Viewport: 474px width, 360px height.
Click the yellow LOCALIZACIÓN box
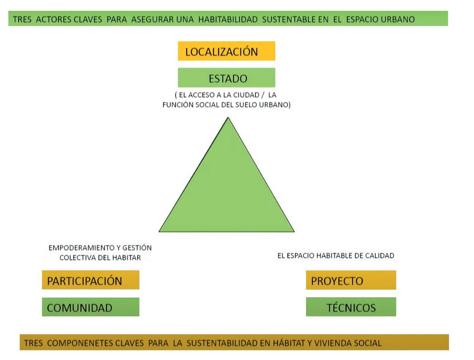pyautogui.click(x=226, y=51)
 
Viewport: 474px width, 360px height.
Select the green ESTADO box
pyautogui.click(x=226, y=78)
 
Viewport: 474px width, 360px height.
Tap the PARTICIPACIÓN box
pyautogui.click(x=91, y=280)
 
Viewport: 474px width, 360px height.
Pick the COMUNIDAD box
pyautogui.click(x=91, y=307)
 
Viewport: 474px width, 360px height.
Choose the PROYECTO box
pyautogui.click(x=351, y=281)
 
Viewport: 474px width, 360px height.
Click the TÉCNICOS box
pyautogui.click(x=351, y=307)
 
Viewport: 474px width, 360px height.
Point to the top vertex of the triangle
pyautogui.click(x=228, y=118)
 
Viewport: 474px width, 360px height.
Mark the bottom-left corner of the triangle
pyautogui.click(x=160, y=231)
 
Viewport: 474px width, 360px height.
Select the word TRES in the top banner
pyautogui.click(x=22, y=19)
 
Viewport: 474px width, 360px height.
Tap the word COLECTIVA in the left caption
pyautogui.click(x=78, y=257)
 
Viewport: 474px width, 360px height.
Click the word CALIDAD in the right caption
pyautogui.click(x=380, y=255)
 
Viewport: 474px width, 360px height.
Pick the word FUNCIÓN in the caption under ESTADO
pyautogui.click(x=175, y=105)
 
